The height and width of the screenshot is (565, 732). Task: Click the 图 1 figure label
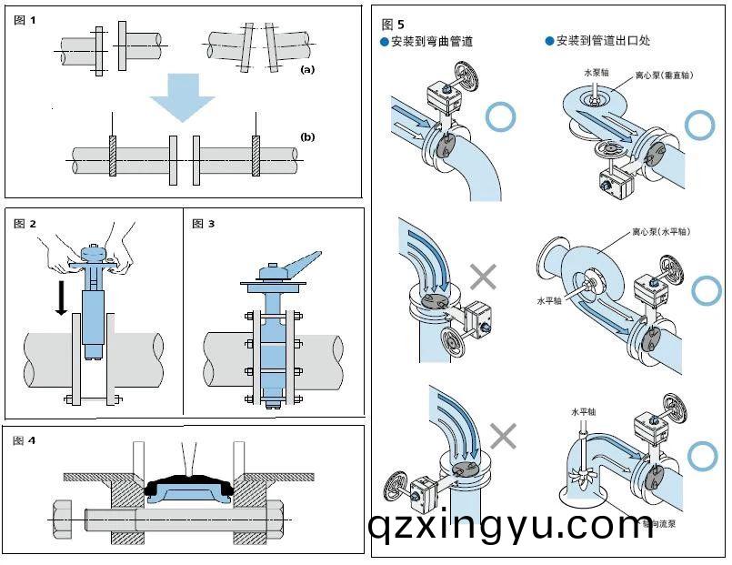(25, 19)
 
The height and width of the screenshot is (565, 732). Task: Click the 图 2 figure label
(25, 223)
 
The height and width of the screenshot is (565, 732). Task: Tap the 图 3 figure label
(204, 223)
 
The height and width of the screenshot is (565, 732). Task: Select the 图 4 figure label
(25, 440)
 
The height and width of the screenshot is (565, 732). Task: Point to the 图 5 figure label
(394, 24)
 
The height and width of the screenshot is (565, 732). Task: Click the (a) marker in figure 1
(307, 69)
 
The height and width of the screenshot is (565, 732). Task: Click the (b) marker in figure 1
(307, 137)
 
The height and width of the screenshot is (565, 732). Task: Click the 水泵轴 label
(595, 71)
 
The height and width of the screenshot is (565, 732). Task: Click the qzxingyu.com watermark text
(509, 525)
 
